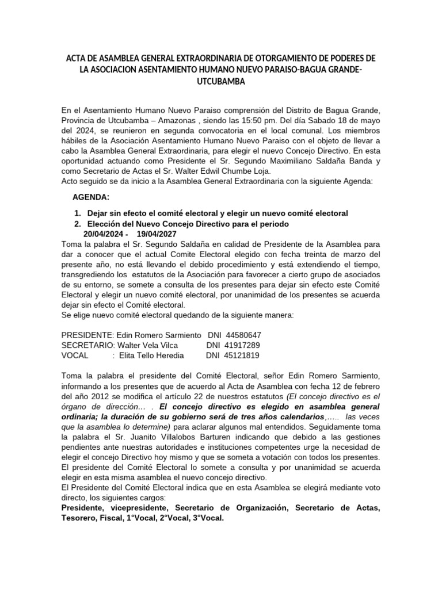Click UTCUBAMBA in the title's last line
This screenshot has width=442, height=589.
(x=220, y=82)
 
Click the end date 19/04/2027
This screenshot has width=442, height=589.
(x=157, y=234)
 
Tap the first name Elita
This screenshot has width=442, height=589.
(x=129, y=355)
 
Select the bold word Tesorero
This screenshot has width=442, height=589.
(x=79, y=518)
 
